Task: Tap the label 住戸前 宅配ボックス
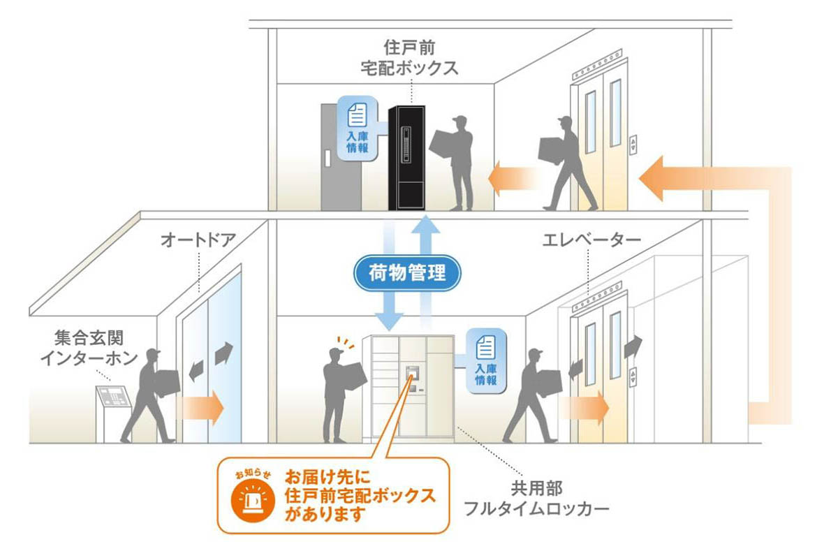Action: tap(411, 58)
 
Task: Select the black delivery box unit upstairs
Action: tap(406, 157)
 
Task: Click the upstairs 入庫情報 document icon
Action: tap(357, 114)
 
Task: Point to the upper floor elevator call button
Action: tap(633, 143)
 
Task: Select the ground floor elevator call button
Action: tap(633, 375)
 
